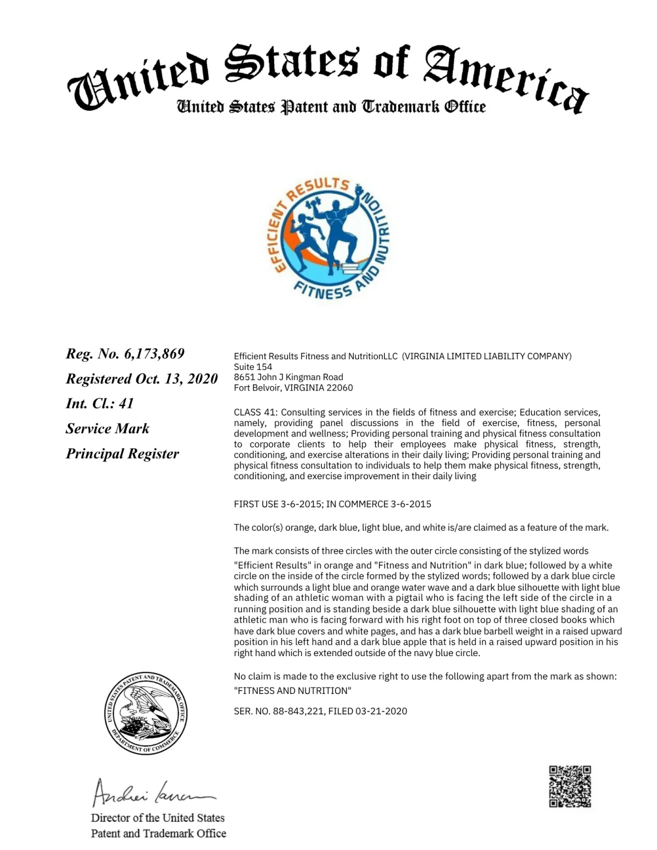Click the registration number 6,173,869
pyautogui.click(x=154, y=354)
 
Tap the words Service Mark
pyautogui.click(x=107, y=428)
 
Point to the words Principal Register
pyautogui.click(x=123, y=453)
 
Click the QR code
pyautogui.click(x=570, y=786)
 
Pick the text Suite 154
pyautogui.click(x=253, y=367)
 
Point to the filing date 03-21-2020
pyautogui.click(x=381, y=711)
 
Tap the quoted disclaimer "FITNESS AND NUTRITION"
pyautogui.click(x=292, y=691)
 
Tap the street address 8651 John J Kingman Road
pyautogui.click(x=289, y=377)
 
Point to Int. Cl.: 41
pyautogui.click(x=100, y=404)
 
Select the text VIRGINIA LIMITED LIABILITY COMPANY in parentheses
pyautogui.click(x=486, y=356)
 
